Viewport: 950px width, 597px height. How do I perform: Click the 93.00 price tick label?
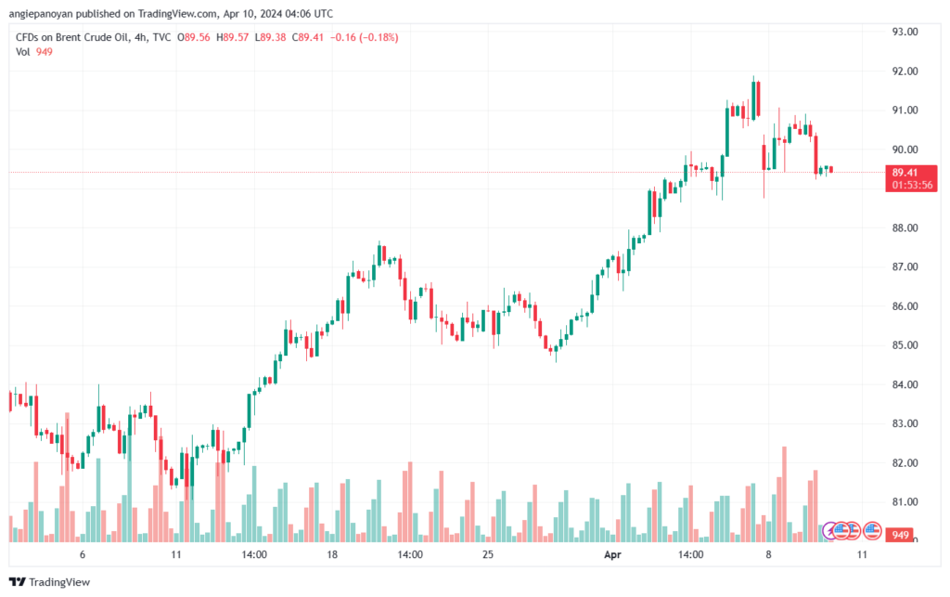pyautogui.click(x=905, y=32)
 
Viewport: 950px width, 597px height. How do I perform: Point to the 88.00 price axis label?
pyautogui.click(x=905, y=227)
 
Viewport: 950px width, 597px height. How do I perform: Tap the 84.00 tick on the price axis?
pyautogui.click(x=905, y=384)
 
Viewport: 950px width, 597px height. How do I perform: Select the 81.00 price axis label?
pyautogui.click(x=905, y=502)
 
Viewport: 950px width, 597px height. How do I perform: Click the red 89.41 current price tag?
pyautogui.click(x=905, y=173)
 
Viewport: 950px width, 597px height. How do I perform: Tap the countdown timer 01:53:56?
pyautogui.click(x=912, y=185)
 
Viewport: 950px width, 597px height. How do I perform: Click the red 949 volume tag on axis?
pyautogui.click(x=900, y=535)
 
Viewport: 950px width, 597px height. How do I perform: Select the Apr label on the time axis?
pyautogui.click(x=612, y=554)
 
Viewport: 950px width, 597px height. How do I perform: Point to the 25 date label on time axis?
pyautogui.click(x=488, y=554)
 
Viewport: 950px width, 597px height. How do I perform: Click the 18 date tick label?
pyautogui.click(x=332, y=554)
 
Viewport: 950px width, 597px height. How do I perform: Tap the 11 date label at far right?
pyautogui.click(x=862, y=554)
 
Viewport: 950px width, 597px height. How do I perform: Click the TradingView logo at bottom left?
pyautogui.click(x=50, y=582)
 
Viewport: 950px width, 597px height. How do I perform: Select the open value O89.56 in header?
pyautogui.click(x=193, y=37)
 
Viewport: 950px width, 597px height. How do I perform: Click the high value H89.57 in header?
pyautogui.click(x=232, y=37)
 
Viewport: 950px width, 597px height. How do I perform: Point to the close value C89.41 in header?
pyautogui.click(x=307, y=37)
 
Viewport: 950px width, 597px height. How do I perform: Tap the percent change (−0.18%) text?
pyautogui.click(x=379, y=37)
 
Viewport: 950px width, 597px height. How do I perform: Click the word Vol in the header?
pyautogui.click(x=22, y=52)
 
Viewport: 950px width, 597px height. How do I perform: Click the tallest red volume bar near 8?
pyautogui.click(x=784, y=494)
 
